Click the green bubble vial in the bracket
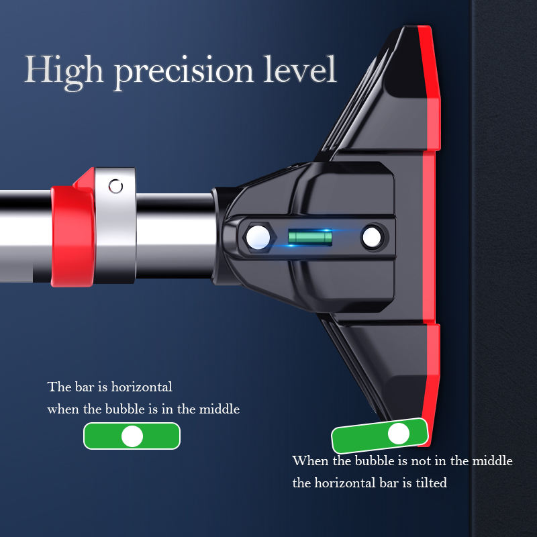point(309,236)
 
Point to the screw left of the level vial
point(256,236)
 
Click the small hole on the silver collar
point(116,186)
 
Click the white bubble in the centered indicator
point(132,437)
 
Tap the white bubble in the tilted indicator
point(399,434)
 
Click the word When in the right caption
point(309,461)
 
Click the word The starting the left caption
point(58,387)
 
